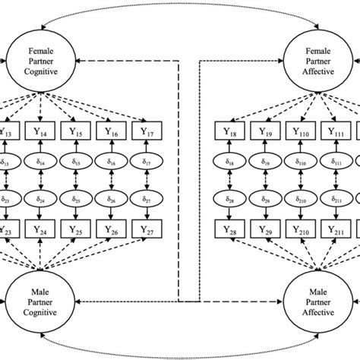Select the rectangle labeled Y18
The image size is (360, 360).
230,132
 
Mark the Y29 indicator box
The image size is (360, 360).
265,229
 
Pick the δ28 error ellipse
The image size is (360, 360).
230,200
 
